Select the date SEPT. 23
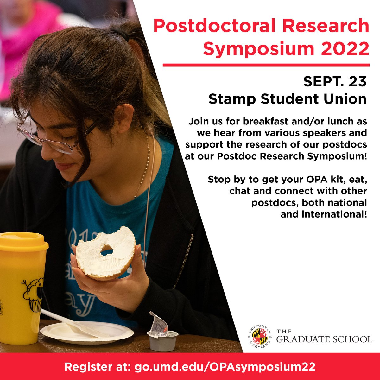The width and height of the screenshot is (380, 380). point(335,82)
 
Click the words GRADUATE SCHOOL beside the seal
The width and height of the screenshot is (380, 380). point(325,339)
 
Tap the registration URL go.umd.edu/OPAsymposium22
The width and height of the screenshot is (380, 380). point(225,367)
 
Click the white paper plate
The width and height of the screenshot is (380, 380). point(87,332)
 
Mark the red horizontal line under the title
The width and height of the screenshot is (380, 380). point(266,65)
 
